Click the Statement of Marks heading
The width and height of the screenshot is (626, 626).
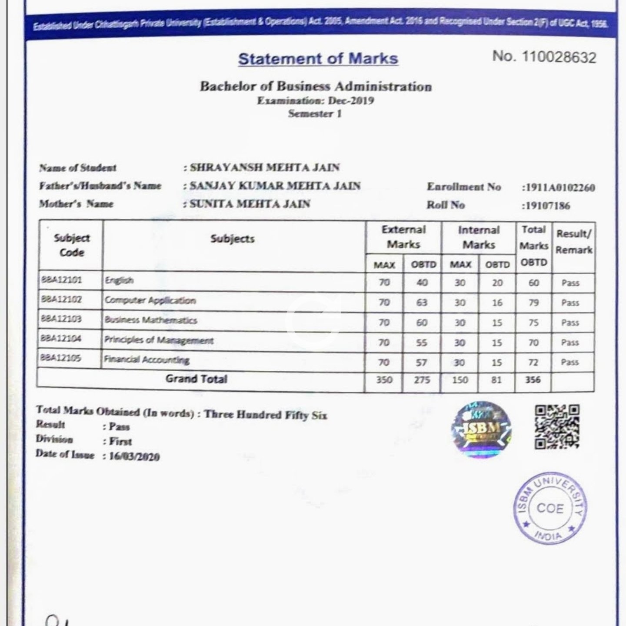[x=318, y=59]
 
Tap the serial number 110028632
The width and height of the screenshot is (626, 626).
[x=559, y=57]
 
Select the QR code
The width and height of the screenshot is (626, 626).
[x=556, y=426]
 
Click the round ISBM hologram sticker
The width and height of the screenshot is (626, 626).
[x=481, y=429]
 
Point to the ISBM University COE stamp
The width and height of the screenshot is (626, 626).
[x=549, y=508]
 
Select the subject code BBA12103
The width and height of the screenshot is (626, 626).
[x=61, y=320]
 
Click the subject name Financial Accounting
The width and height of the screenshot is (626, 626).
[x=147, y=360]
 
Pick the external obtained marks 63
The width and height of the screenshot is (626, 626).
[x=422, y=303]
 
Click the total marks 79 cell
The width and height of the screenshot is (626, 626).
[x=533, y=303]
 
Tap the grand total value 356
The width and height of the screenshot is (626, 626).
[x=533, y=380]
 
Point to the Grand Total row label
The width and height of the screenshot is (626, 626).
[x=196, y=379]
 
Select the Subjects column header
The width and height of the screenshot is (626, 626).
[x=233, y=239]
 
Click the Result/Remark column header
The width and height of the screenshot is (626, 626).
[x=573, y=242]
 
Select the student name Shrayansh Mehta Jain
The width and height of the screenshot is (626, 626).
[x=265, y=168]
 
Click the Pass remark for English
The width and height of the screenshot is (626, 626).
[x=570, y=283]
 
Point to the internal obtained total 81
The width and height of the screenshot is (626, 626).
[x=496, y=380]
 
